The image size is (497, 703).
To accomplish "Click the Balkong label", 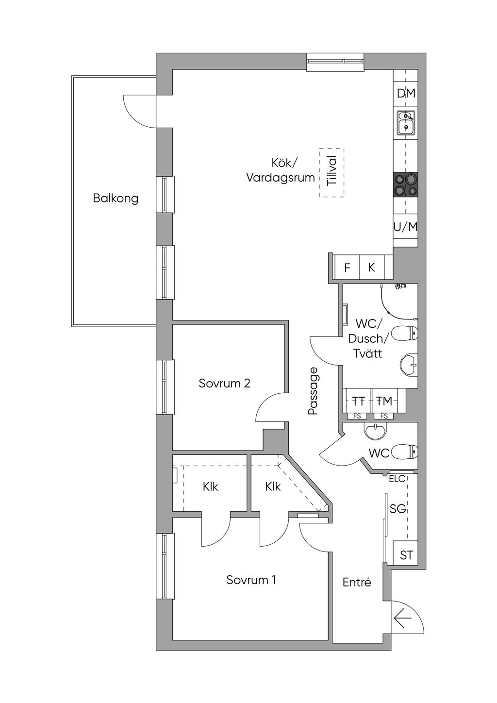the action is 116,199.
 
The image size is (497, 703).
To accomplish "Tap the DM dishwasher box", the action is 406,93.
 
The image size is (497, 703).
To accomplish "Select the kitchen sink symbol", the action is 406,122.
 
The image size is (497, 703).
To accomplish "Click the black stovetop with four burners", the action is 406,185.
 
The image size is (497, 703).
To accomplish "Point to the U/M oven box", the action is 406,227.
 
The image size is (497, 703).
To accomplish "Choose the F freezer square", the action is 347,268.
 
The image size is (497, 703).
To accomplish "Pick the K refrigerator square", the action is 371,268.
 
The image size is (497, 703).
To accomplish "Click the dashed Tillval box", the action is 331,173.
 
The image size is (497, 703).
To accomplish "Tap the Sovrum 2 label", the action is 224,383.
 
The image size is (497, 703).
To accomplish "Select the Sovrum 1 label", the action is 251,580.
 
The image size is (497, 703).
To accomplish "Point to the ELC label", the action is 397,479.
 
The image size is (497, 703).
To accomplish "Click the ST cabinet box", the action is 406,555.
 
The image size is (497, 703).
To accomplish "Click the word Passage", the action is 313,392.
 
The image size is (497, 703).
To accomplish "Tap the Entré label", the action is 357,583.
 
